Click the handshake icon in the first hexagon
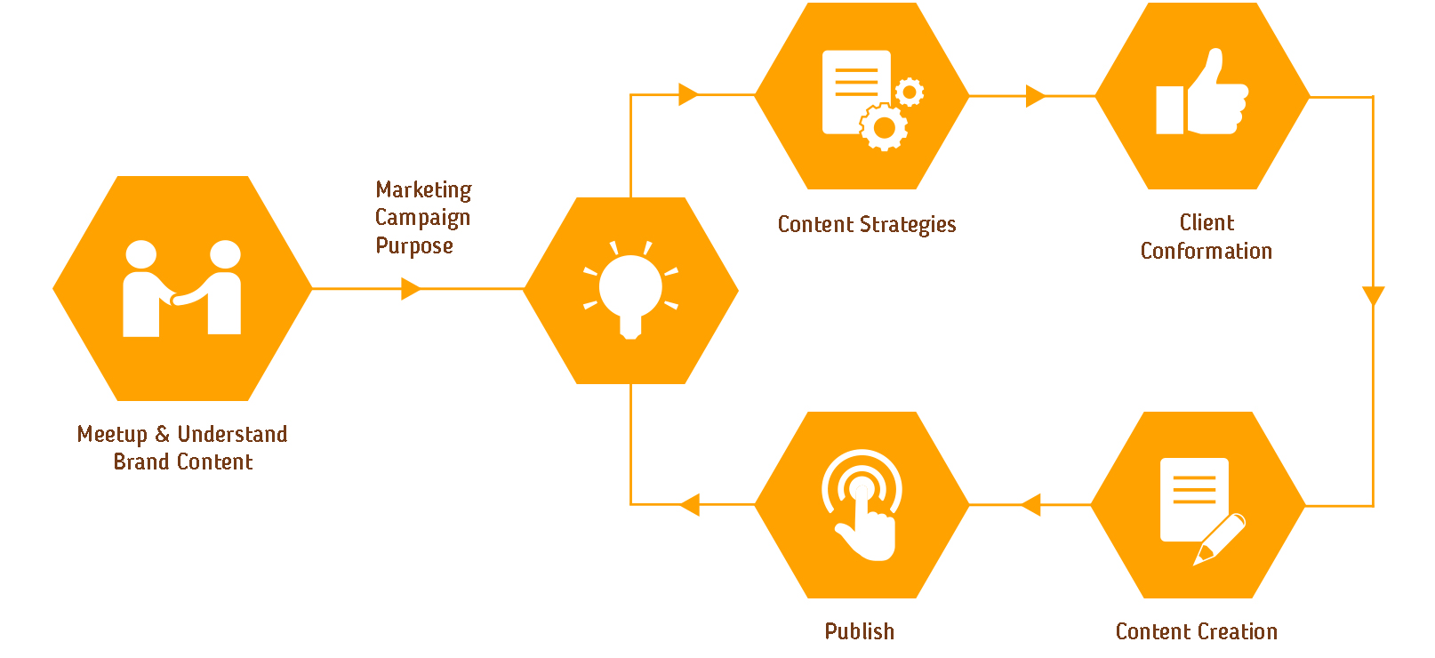pyautogui.click(x=182, y=288)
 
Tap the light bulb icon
pyautogui.click(x=630, y=290)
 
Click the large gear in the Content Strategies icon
pyautogui.click(x=884, y=128)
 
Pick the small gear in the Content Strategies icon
pyautogui.click(x=909, y=92)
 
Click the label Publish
pyautogui.click(x=859, y=631)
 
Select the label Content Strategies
pyautogui.click(x=867, y=224)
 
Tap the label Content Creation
pyautogui.click(x=1196, y=631)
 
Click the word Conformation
pyautogui.click(x=1206, y=251)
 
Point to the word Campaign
pyautogui.click(x=422, y=218)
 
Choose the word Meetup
pyautogui.click(x=112, y=435)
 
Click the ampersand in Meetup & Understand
pyautogui.click(x=163, y=434)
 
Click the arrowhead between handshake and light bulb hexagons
pyautogui.click(x=410, y=288)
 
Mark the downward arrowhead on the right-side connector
pyautogui.click(x=1373, y=296)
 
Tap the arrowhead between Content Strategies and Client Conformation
pyautogui.click(x=1035, y=96)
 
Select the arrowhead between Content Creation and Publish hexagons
pyautogui.click(x=1030, y=505)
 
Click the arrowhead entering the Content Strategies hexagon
pyautogui.click(x=687, y=94)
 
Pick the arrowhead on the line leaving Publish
pyautogui.click(x=690, y=505)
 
